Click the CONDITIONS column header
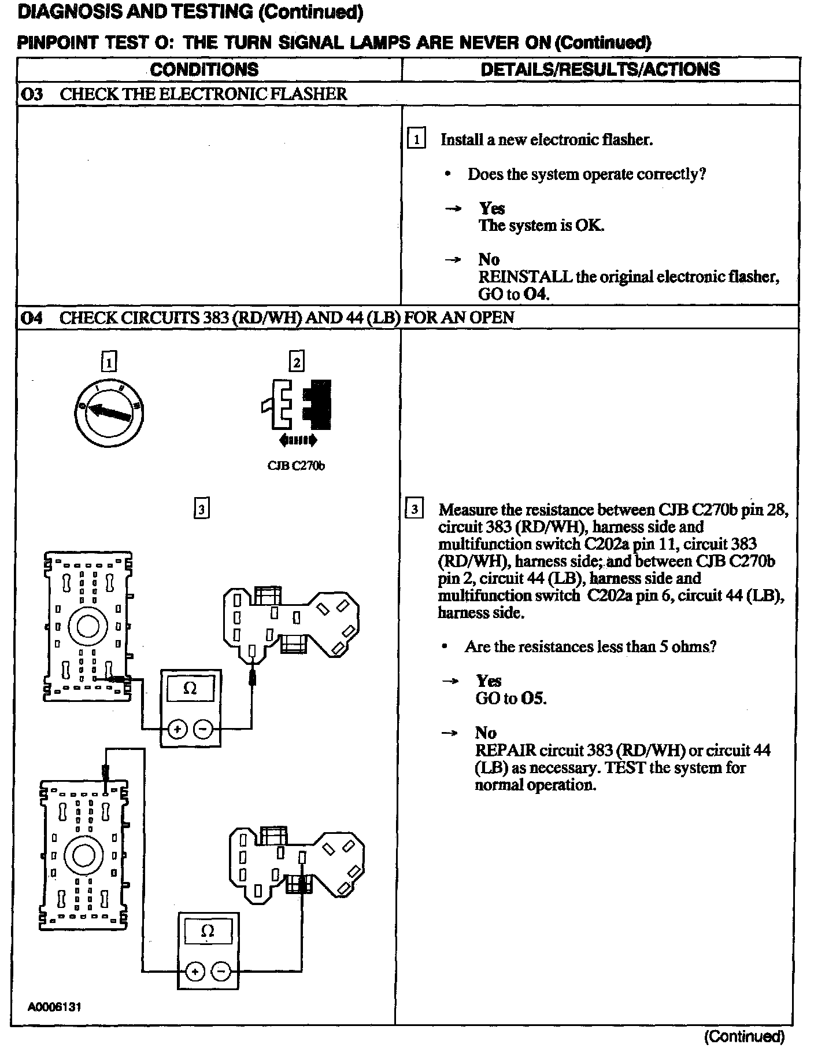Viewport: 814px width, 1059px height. point(204,70)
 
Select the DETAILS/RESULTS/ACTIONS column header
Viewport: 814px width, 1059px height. point(600,70)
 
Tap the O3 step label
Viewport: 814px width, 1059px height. point(32,94)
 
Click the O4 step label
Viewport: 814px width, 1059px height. point(32,318)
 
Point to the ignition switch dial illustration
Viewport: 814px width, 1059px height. point(109,411)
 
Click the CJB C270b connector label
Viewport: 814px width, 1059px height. point(296,466)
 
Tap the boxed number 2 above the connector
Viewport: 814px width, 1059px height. point(297,362)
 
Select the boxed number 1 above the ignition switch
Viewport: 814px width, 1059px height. point(109,362)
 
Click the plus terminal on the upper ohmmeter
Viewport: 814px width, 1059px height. point(176,730)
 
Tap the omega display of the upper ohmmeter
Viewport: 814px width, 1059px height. point(190,689)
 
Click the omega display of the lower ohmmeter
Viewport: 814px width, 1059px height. point(208,931)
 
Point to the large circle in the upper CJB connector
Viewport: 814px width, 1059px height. point(88,626)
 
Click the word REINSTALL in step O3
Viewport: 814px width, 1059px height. point(525,277)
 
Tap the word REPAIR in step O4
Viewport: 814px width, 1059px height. point(505,751)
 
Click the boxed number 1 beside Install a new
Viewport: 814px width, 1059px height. point(416,140)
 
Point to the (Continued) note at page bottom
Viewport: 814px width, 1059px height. point(744,1037)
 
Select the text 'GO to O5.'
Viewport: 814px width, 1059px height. point(510,698)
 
